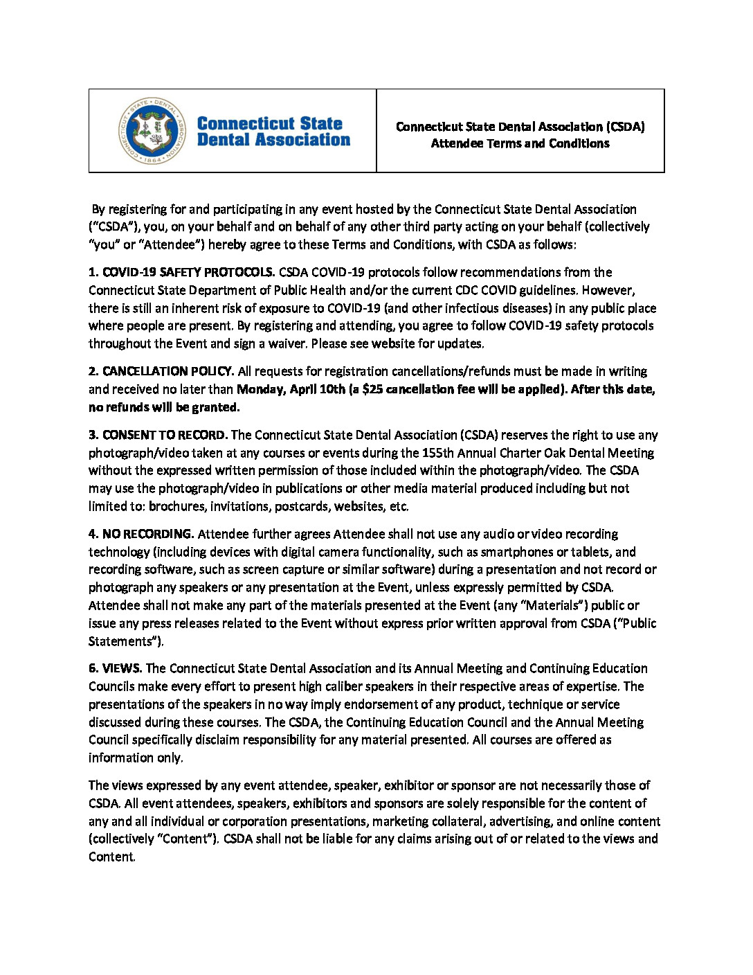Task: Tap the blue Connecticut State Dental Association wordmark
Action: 273,132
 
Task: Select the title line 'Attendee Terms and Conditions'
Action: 520,143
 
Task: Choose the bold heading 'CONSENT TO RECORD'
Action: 165,435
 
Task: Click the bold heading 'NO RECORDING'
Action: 147,534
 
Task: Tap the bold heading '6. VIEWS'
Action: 115,668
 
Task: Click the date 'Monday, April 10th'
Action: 291,389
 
